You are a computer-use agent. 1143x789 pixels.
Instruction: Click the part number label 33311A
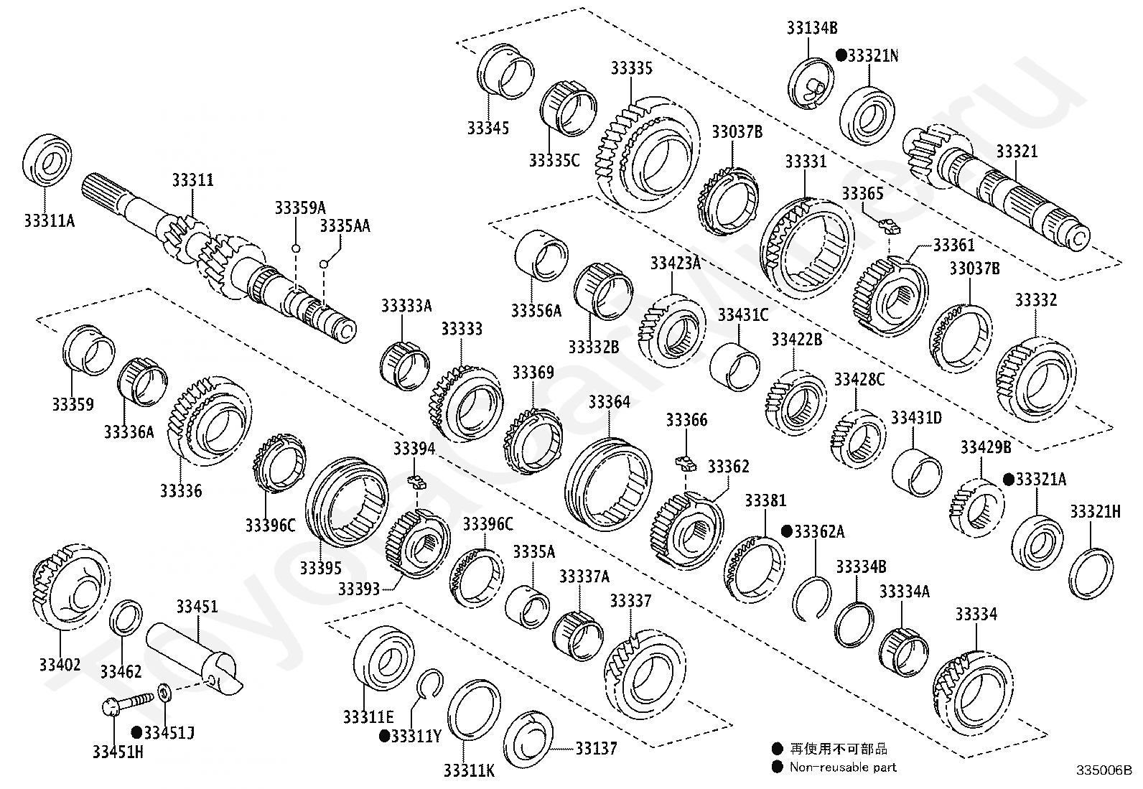coord(49,220)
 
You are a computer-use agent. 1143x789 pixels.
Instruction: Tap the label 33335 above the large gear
coord(632,68)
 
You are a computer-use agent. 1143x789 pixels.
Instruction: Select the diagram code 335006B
coord(1104,771)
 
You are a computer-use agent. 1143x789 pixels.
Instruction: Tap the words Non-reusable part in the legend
coord(843,767)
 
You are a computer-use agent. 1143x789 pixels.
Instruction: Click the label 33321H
coord(1095,511)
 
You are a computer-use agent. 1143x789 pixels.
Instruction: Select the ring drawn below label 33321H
coord(1092,573)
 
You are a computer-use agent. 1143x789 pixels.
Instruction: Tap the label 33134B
coord(811,29)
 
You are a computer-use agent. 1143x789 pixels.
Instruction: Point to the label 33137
coord(596,749)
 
